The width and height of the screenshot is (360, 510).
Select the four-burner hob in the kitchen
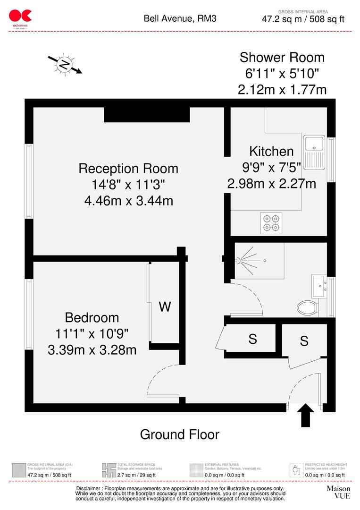[271, 223]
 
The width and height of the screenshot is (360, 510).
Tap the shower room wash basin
[319, 285]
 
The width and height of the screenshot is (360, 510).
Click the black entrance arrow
[306, 415]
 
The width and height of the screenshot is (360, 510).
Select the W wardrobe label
[164, 307]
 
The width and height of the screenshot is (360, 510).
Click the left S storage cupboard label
[252, 339]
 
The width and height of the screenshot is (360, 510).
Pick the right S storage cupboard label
[304, 340]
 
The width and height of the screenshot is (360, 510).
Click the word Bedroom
[92, 317]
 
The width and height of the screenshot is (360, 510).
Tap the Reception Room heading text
[128, 168]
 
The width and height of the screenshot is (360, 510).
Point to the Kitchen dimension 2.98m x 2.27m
[271, 183]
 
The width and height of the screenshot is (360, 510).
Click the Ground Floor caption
[180, 434]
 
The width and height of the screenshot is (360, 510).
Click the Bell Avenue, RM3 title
[177, 19]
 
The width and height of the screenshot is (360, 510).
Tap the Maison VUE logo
[338, 492]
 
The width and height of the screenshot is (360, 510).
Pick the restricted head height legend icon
[296, 470]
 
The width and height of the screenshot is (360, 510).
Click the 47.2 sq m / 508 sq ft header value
[303, 19]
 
